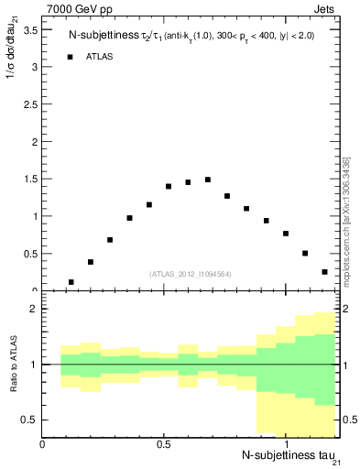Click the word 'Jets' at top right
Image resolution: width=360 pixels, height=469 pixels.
click(x=327, y=10)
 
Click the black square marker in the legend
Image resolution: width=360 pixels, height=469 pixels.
click(x=71, y=57)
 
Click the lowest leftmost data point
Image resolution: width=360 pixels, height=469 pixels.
click(x=71, y=282)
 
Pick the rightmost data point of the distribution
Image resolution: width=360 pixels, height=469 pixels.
click(x=325, y=272)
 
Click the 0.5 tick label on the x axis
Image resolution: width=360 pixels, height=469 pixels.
click(x=164, y=444)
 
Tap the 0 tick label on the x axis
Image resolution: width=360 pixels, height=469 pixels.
click(x=43, y=444)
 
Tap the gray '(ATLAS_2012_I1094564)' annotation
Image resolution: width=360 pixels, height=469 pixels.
click(x=191, y=274)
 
